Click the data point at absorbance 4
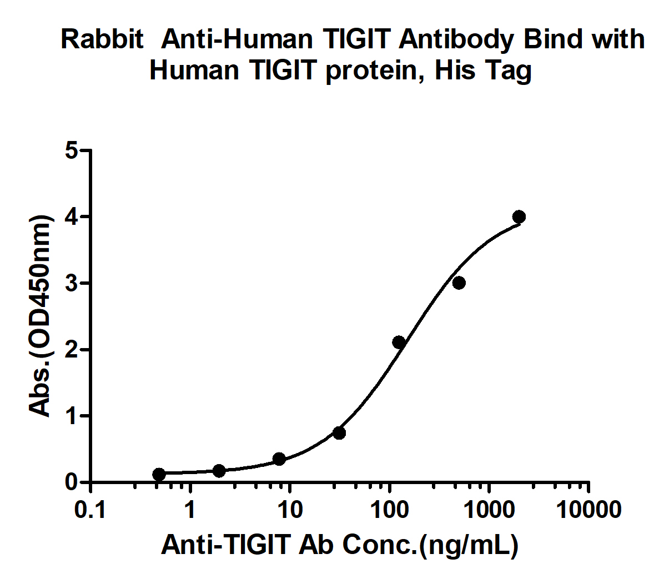519,217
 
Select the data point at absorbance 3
459,283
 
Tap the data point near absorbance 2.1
399,343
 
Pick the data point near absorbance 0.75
339,432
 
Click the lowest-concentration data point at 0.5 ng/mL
159,474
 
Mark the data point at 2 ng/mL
219,471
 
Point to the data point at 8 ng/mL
279,459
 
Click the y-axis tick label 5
72,150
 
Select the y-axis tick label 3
72,283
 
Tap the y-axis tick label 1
72,416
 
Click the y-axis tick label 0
72,482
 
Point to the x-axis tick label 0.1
90,509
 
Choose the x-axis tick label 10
289,509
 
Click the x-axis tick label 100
389,509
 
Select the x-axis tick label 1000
489,509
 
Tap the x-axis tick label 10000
588,509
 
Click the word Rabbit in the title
102,40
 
